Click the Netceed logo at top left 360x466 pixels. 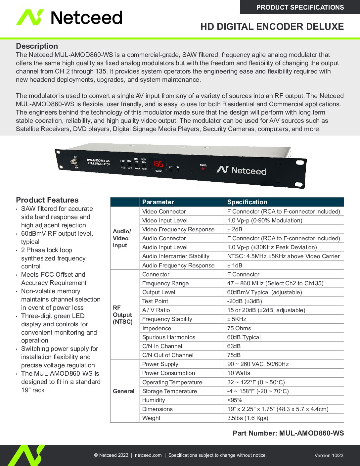[x=69, y=18]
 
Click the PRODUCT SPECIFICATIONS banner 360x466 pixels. [x=300, y=7]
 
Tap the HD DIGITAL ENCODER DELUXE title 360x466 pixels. [x=272, y=27]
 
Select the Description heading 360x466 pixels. [x=37, y=46]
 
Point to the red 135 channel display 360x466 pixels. [x=158, y=164]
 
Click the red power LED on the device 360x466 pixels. [x=203, y=169]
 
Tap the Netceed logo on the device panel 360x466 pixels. [x=242, y=170]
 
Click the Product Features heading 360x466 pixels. [x=47, y=200]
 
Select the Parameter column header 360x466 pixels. [x=158, y=202]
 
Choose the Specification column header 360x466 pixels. [x=247, y=202]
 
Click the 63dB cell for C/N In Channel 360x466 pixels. [x=234, y=346]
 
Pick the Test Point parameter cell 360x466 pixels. [x=155, y=301]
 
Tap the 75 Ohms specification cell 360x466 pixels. [x=239, y=328]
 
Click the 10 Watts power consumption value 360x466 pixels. [x=239, y=373]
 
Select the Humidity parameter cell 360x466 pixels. [x=154, y=400]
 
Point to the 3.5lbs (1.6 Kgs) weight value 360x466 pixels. [x=247, y=418]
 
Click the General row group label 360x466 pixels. [x=124, y=391]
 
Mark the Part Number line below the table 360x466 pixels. [x=288, y=433]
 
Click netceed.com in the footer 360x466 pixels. [x=148, y=455]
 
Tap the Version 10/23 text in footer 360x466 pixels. [x=329, y=455]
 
